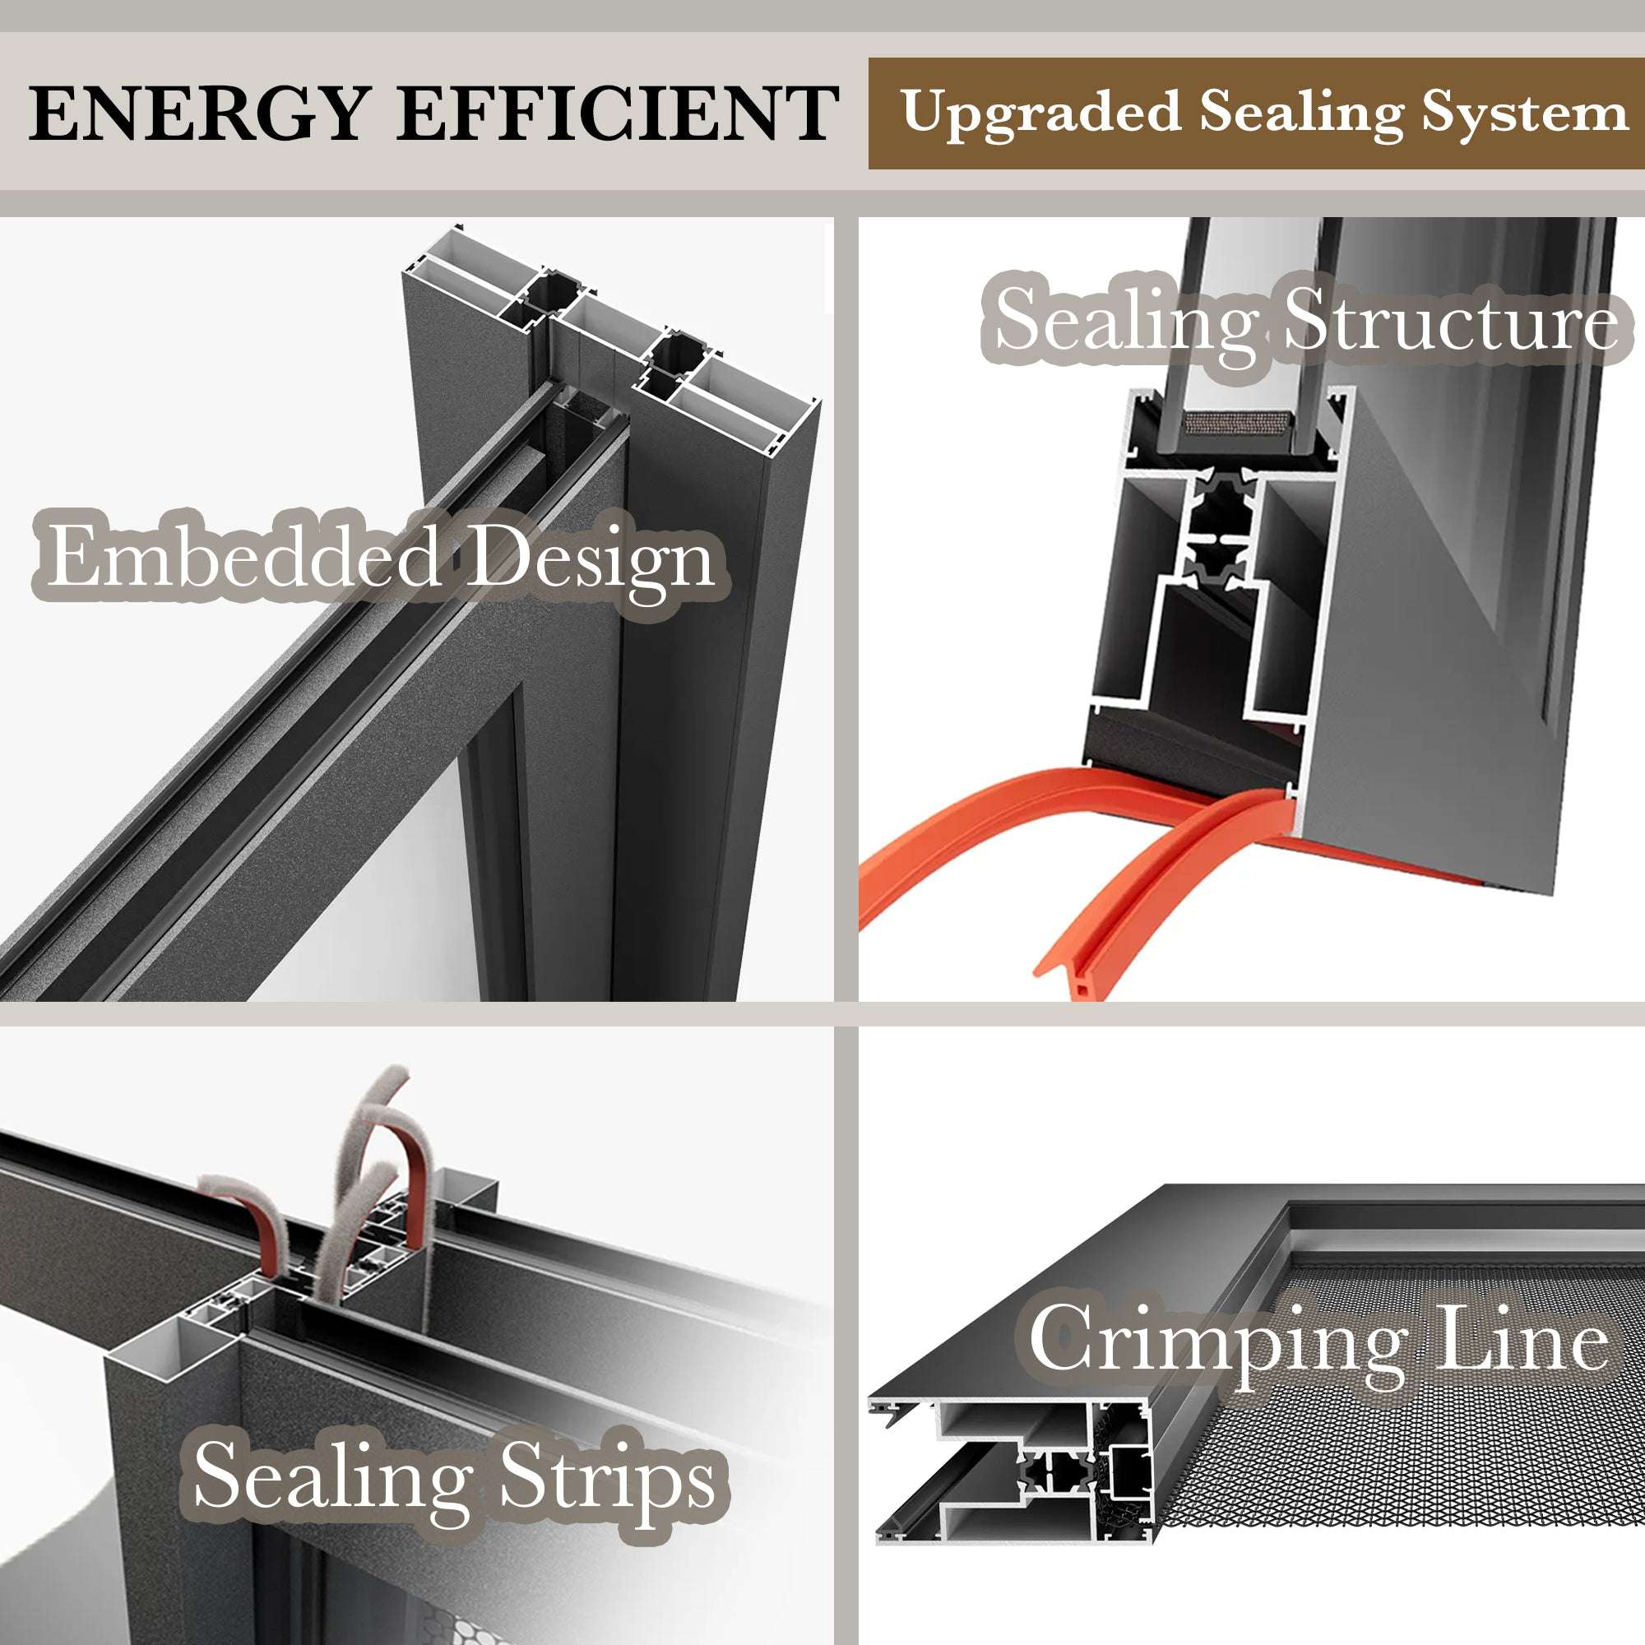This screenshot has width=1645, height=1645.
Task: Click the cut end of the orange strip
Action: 1080,987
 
